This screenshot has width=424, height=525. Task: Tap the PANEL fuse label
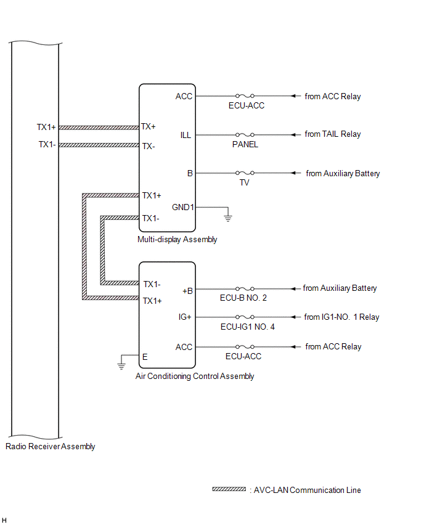(245, 145)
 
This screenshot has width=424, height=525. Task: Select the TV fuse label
(245, 184)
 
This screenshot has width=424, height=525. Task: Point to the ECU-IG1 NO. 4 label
(247, 327)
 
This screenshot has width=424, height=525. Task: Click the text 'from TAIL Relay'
(333, 134)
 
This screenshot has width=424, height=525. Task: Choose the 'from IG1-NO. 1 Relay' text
(341, 317)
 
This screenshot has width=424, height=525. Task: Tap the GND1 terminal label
(183, 207)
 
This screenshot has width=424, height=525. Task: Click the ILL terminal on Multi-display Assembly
(185, 135)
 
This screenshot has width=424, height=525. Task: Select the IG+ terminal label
(185, 317)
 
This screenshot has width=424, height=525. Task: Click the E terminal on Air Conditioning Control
(145, 356)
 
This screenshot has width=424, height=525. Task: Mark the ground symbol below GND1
(228, 216)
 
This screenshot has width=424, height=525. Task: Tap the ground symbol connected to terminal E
(122, 365)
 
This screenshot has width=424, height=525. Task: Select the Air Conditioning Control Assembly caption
(195, 376)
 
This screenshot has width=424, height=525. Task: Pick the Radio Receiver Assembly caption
(50, 447)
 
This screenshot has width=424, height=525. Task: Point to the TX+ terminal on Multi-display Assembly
(149, 126)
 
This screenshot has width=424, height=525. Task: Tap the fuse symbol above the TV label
(245, 174)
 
